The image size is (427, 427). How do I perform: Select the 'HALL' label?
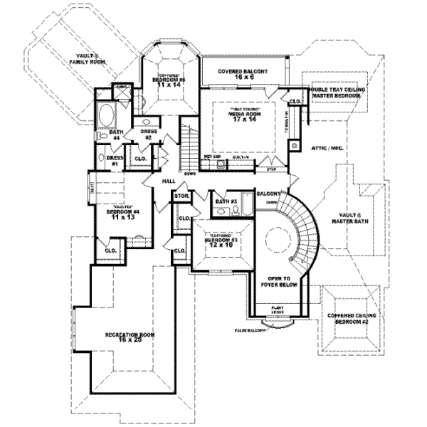click(x=169, y=181)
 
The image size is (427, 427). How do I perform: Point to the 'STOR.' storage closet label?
click(x=181, y=195)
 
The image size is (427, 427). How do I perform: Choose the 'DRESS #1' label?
click(x=112, y=160)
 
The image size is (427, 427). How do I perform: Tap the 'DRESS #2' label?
click(x=148, y=134)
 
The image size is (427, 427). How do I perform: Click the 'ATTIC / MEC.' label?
click(x=327, y=147)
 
